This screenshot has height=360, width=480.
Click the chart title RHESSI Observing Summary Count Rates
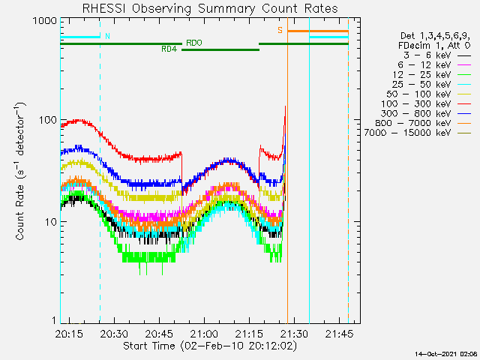point(210,8)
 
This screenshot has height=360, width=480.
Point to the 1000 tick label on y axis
point(44,21)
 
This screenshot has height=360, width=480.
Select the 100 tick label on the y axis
point(47,120)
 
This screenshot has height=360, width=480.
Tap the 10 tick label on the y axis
point(51,222)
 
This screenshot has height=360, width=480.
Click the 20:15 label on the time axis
point(69,334)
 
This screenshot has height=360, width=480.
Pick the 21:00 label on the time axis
point(204,334)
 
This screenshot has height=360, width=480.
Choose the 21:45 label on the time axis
point(339,334)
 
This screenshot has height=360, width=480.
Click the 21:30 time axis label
point(294,334)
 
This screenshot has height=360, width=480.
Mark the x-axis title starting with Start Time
point(210,346)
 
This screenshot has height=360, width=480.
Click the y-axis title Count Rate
point(20,171)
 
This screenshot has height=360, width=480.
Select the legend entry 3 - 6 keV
point(427,55)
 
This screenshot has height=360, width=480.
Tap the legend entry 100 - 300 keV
point(416,103)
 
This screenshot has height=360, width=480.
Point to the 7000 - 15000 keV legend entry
point(408,133)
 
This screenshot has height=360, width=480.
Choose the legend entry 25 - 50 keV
point(421,85)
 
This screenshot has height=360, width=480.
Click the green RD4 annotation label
point(169,49)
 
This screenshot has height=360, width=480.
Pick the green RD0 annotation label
point(194,43)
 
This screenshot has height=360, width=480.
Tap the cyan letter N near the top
point(107,36)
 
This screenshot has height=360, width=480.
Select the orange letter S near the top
point(280,30)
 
